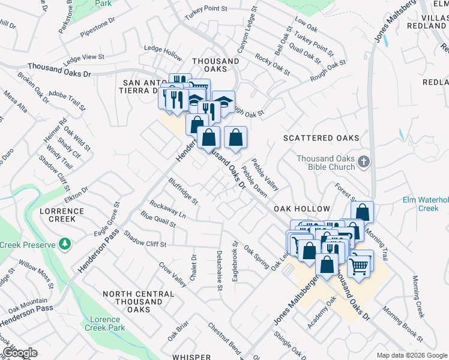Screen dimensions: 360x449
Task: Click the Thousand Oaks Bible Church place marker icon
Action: point(363,162)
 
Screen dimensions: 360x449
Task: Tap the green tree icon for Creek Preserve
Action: point(64,244)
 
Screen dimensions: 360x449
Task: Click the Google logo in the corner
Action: point(20,353)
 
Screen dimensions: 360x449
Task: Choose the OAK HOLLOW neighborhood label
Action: point(302,209)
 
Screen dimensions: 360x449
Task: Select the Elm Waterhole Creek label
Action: point(425,204)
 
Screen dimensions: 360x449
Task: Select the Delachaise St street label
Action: point(220,271)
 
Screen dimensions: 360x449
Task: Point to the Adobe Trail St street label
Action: point(68,100)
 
